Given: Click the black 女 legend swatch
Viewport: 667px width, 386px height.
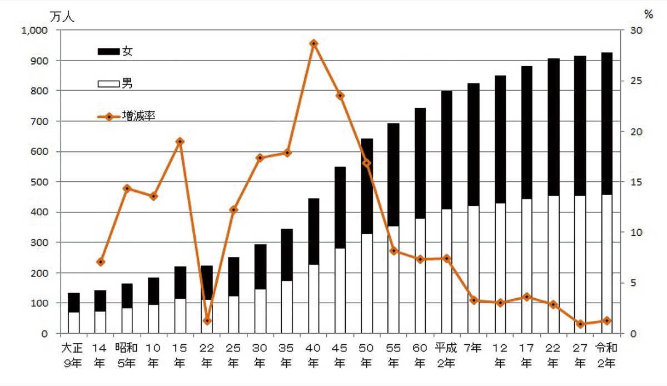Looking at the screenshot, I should click(108, 52).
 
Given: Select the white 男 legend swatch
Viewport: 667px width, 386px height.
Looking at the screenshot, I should click(108, 85).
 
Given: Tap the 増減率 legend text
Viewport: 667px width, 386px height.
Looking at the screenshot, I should click(138, 117).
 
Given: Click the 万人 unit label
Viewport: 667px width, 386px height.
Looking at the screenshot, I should click(62, 16).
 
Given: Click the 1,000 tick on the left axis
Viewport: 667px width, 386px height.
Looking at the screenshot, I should click(35, 31).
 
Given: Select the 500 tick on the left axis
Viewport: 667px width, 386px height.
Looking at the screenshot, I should click(40, 182).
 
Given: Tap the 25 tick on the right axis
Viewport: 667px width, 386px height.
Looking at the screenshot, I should click(635, 81).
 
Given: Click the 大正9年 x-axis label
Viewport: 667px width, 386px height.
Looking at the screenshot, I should click(73, 356).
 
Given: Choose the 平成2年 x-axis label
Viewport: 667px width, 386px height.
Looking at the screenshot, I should click(446, 356).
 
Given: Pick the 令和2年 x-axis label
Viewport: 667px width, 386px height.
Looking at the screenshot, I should click(606, 356).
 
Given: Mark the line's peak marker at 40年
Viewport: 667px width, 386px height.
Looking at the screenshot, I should click(313, 43).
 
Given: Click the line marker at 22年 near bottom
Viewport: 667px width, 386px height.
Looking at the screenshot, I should click(207, 321).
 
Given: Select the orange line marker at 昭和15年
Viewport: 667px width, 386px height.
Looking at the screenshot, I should click(180, 141).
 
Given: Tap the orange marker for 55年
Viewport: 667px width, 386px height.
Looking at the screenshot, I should click(394, 251).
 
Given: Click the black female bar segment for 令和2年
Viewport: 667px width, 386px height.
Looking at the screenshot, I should click(606, 122).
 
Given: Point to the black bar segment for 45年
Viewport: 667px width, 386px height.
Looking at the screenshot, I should click(340, 207).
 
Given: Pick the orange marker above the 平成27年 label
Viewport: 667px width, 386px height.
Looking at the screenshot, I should click(580, 324).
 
